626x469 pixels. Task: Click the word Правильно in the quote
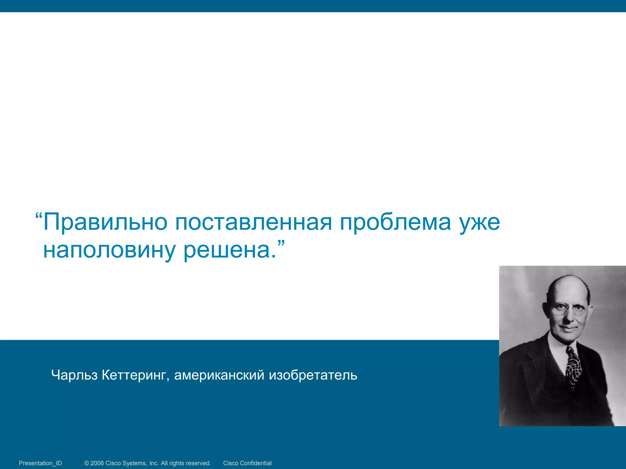(x=105, y=222)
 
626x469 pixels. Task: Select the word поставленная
(x=253, y=222)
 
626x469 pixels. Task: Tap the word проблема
(x=395, y=222)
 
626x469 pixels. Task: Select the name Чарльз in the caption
(x=74, y=375)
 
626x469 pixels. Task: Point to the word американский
(x=219, y=375)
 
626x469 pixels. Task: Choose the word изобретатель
(x=313, y=375)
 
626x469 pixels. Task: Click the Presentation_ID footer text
(x=40, y=463)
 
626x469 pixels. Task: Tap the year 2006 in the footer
(x=97, y=463)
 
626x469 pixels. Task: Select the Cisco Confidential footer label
(x=247, y=463)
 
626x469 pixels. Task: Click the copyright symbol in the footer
(x=87, y=463)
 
